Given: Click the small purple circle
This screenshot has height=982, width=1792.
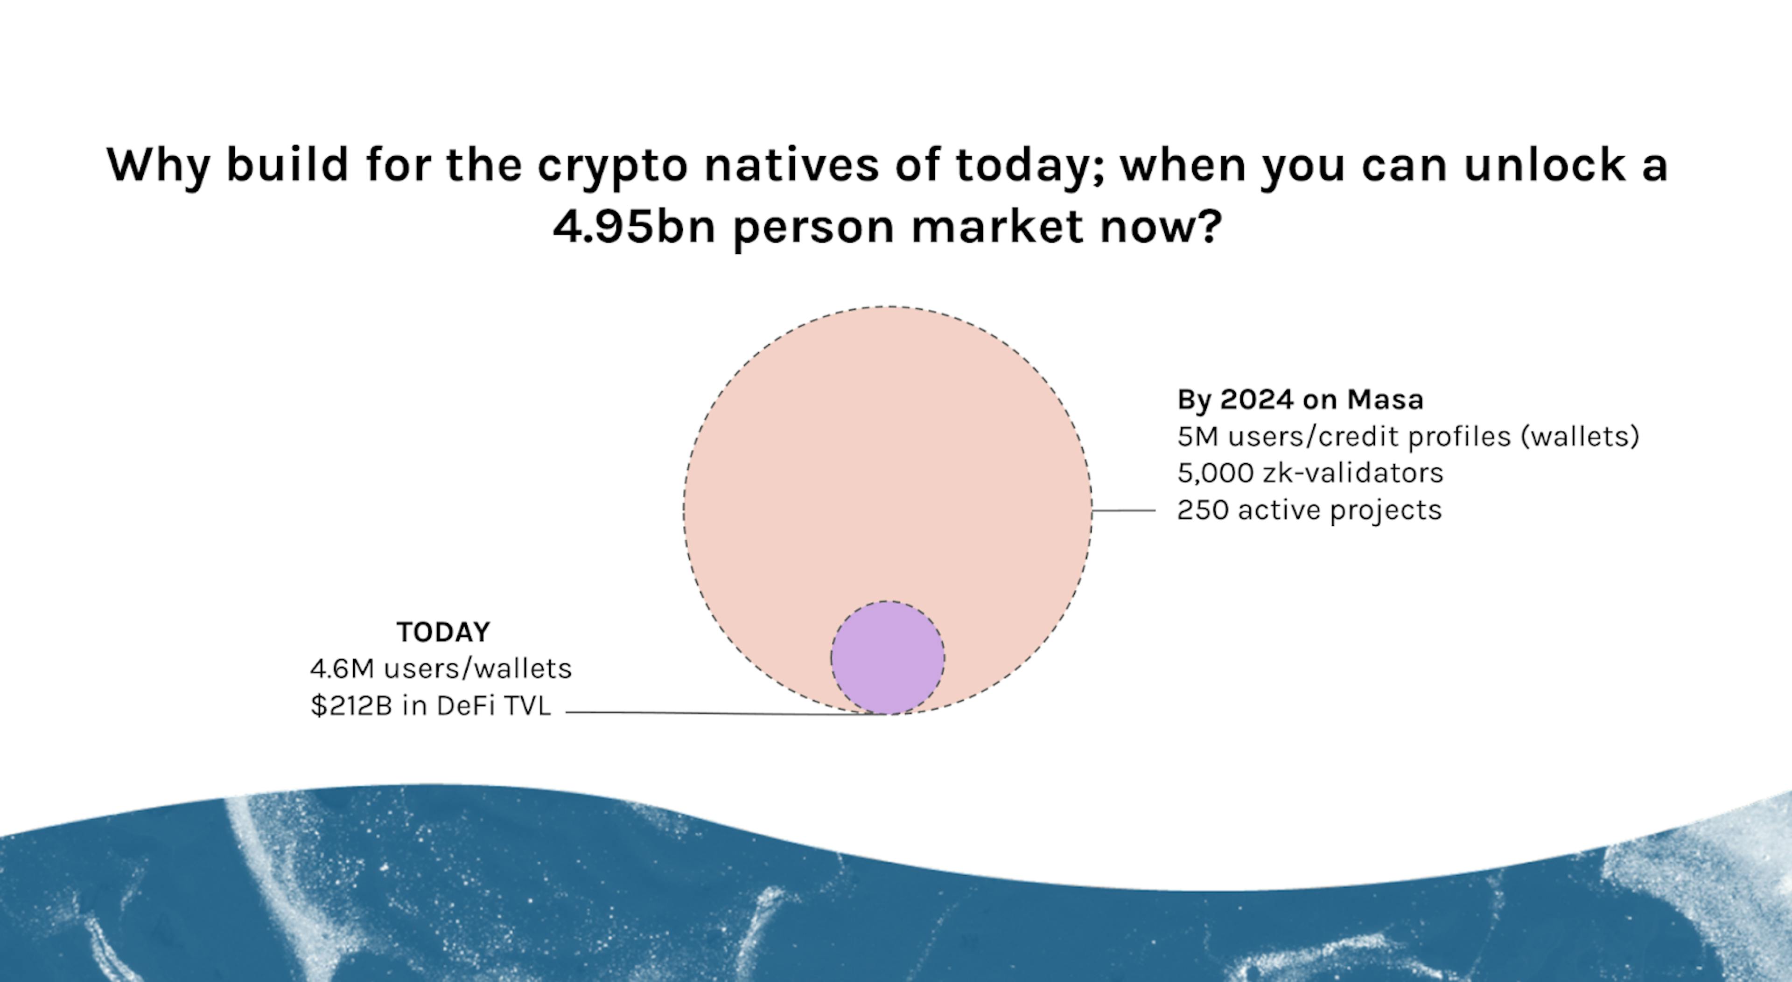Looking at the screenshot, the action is [888, 657].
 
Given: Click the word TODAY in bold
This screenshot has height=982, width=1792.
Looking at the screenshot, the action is [443, 632].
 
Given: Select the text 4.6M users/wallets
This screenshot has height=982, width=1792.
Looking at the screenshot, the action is [441, 669].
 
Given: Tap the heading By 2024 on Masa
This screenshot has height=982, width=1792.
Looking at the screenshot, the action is [1300, 399].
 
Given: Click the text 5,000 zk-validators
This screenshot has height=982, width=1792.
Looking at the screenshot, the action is [1310, 473].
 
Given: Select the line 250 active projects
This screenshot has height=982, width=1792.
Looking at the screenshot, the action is [1309, 510].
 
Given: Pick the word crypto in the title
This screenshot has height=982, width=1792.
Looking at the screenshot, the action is [612, 167].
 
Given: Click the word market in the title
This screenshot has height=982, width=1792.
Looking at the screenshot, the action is [997, 226].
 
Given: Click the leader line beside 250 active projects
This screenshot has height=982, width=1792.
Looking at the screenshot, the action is [1123, 510].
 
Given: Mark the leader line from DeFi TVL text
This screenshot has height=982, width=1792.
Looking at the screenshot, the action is [726, 713].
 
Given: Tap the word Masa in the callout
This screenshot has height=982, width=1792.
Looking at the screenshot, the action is [1385, 399].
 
